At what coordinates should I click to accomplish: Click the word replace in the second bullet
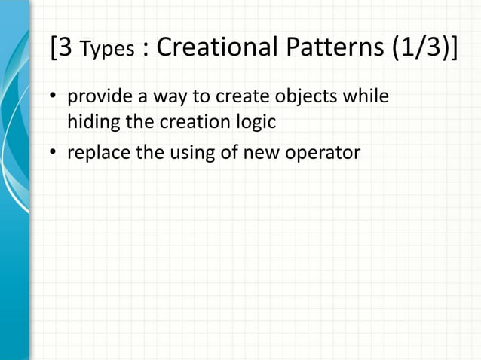coord(96,153)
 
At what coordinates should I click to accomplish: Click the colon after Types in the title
coord(145,51)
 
